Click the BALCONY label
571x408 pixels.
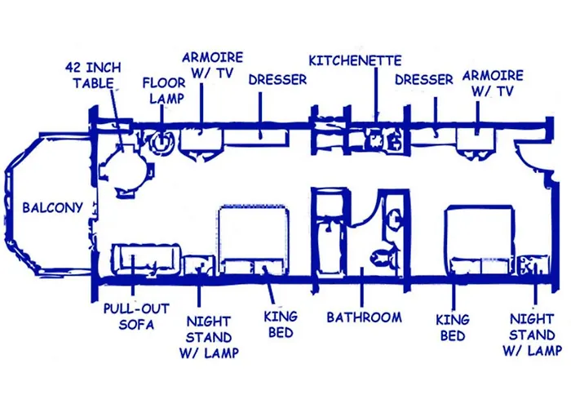(53, 207)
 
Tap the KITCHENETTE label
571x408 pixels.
(355, 60)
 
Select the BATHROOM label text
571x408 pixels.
(364, 317)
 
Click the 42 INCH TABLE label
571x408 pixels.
(93, 75)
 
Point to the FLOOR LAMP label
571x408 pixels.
(164, 91)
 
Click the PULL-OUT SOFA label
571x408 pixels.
(136, 317)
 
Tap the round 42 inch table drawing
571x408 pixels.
(126, 169)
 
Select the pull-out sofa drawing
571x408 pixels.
(147, 259)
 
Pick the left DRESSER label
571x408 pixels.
(277, 80)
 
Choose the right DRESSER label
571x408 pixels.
(424, 80)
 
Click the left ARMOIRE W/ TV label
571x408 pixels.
(212, 65)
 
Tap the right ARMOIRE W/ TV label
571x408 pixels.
(493, 83)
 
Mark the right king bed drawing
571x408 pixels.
(480, 240)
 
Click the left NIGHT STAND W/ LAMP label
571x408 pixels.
(209, 337)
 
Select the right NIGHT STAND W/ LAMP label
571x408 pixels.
(532, 335)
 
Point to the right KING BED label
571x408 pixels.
(453, 328)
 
